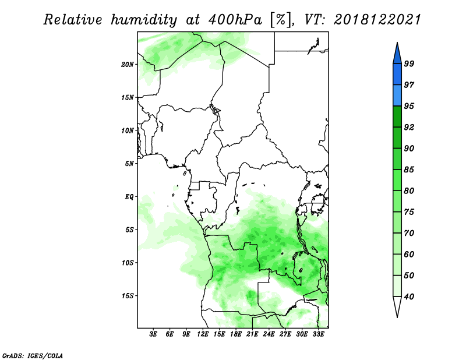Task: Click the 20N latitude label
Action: tap(128, 65)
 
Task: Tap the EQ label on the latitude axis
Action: tap(129, 197)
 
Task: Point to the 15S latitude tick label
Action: tap(128, 296)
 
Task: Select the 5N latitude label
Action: tap(129, 164)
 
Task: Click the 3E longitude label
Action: tap(153, 334)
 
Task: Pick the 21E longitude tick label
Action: tap(252, 334)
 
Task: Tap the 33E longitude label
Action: tap(318, 334)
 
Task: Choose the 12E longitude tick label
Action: tap(202, 334)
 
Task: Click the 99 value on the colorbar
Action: tap(409, 63)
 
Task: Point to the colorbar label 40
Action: tap(409, 297)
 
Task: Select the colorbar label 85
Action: tap(409, 170)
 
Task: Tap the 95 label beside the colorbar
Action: tap(409, 106)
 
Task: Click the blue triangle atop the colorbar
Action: tap(397, 54)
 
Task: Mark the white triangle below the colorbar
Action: tap(397, 306)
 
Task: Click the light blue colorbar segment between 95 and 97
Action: tap(397, 96)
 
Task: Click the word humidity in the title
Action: tap(144, 20)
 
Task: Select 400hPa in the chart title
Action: tap(235, 20)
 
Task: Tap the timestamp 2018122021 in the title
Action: tap(377, 20)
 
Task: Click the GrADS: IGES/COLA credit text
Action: tap(33, 355)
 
